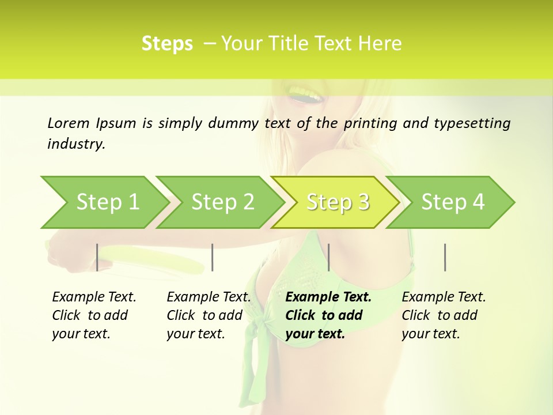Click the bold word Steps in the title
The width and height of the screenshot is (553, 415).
(167, 44)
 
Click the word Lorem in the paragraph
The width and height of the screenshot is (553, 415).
(68, 123)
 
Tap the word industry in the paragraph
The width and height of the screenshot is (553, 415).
(75, 144)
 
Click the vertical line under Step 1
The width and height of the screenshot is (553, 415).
(97, 257)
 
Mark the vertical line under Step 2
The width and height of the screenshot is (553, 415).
(213, 257)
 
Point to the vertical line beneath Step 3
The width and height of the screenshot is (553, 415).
(328, 257)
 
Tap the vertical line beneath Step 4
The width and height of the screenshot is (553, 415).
(445, 257)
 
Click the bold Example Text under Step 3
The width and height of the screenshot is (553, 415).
(328, 297)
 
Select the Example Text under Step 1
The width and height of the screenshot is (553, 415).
(94, 297)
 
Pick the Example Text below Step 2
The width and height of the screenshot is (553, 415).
(209, 297)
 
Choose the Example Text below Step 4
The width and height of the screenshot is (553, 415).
(444, 297)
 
